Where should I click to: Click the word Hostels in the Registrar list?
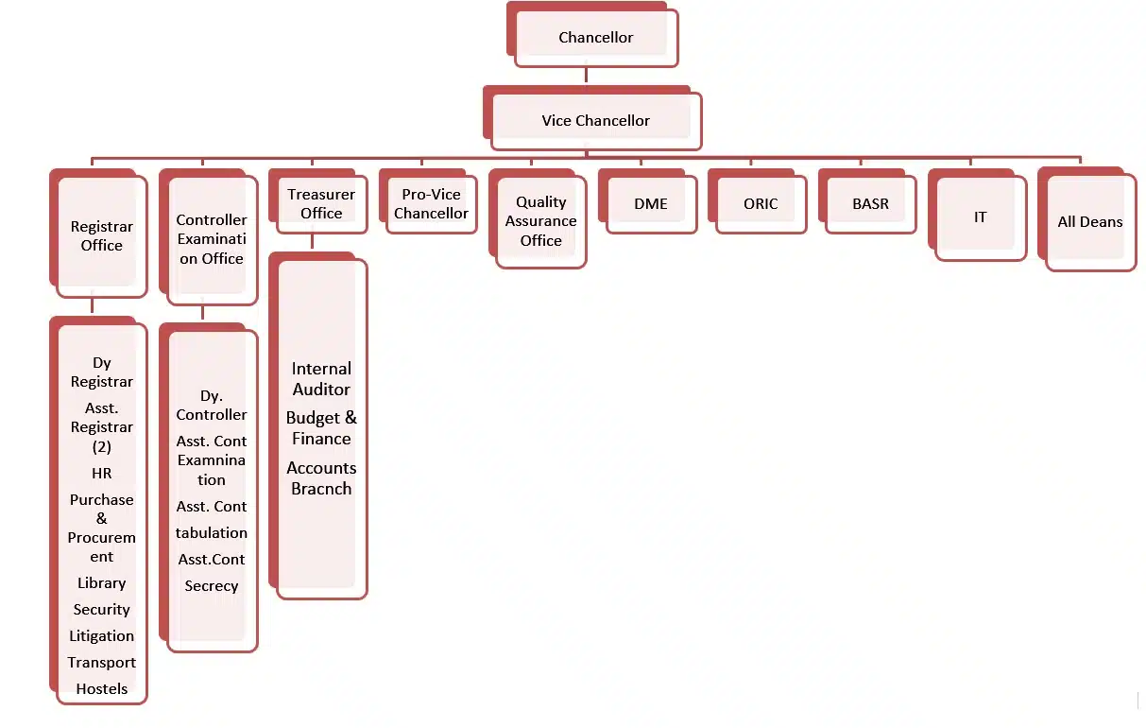click(102, 688)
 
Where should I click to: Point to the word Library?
click(102, 583)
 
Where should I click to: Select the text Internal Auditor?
click(321, 379)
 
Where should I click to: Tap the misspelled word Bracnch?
click(321, 489)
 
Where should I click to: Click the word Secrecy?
click(212, 586)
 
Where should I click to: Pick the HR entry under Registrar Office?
click(102, 473)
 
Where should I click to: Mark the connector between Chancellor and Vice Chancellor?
click(587, 76)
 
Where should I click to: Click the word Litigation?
click(102, 636)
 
